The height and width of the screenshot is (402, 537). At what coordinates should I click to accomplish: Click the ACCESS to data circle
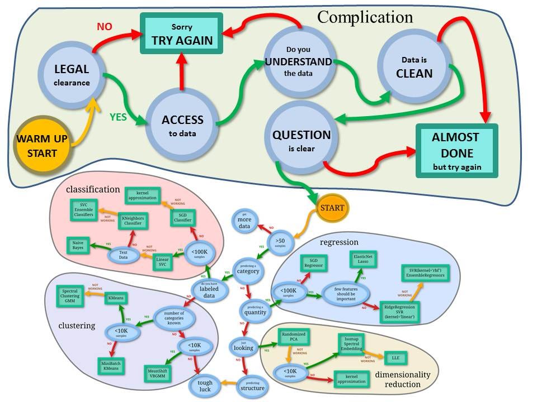[182, 126]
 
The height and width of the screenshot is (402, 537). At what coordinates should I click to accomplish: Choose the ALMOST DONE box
[456, 151]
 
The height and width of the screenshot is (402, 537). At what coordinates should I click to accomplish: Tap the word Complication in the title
[365, 17]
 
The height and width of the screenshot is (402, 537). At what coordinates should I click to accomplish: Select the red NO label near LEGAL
[105, 26]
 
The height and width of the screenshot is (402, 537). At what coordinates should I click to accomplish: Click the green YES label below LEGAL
[118, 117]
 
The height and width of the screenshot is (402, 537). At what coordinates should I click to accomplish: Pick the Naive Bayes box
[78, 245]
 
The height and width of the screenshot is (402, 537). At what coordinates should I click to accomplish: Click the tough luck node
[205, 385]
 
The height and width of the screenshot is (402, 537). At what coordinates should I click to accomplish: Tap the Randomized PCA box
[293, 338]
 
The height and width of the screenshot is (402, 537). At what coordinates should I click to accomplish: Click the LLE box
[395, 357]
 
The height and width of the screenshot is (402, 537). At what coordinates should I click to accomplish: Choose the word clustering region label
[77, 326]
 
